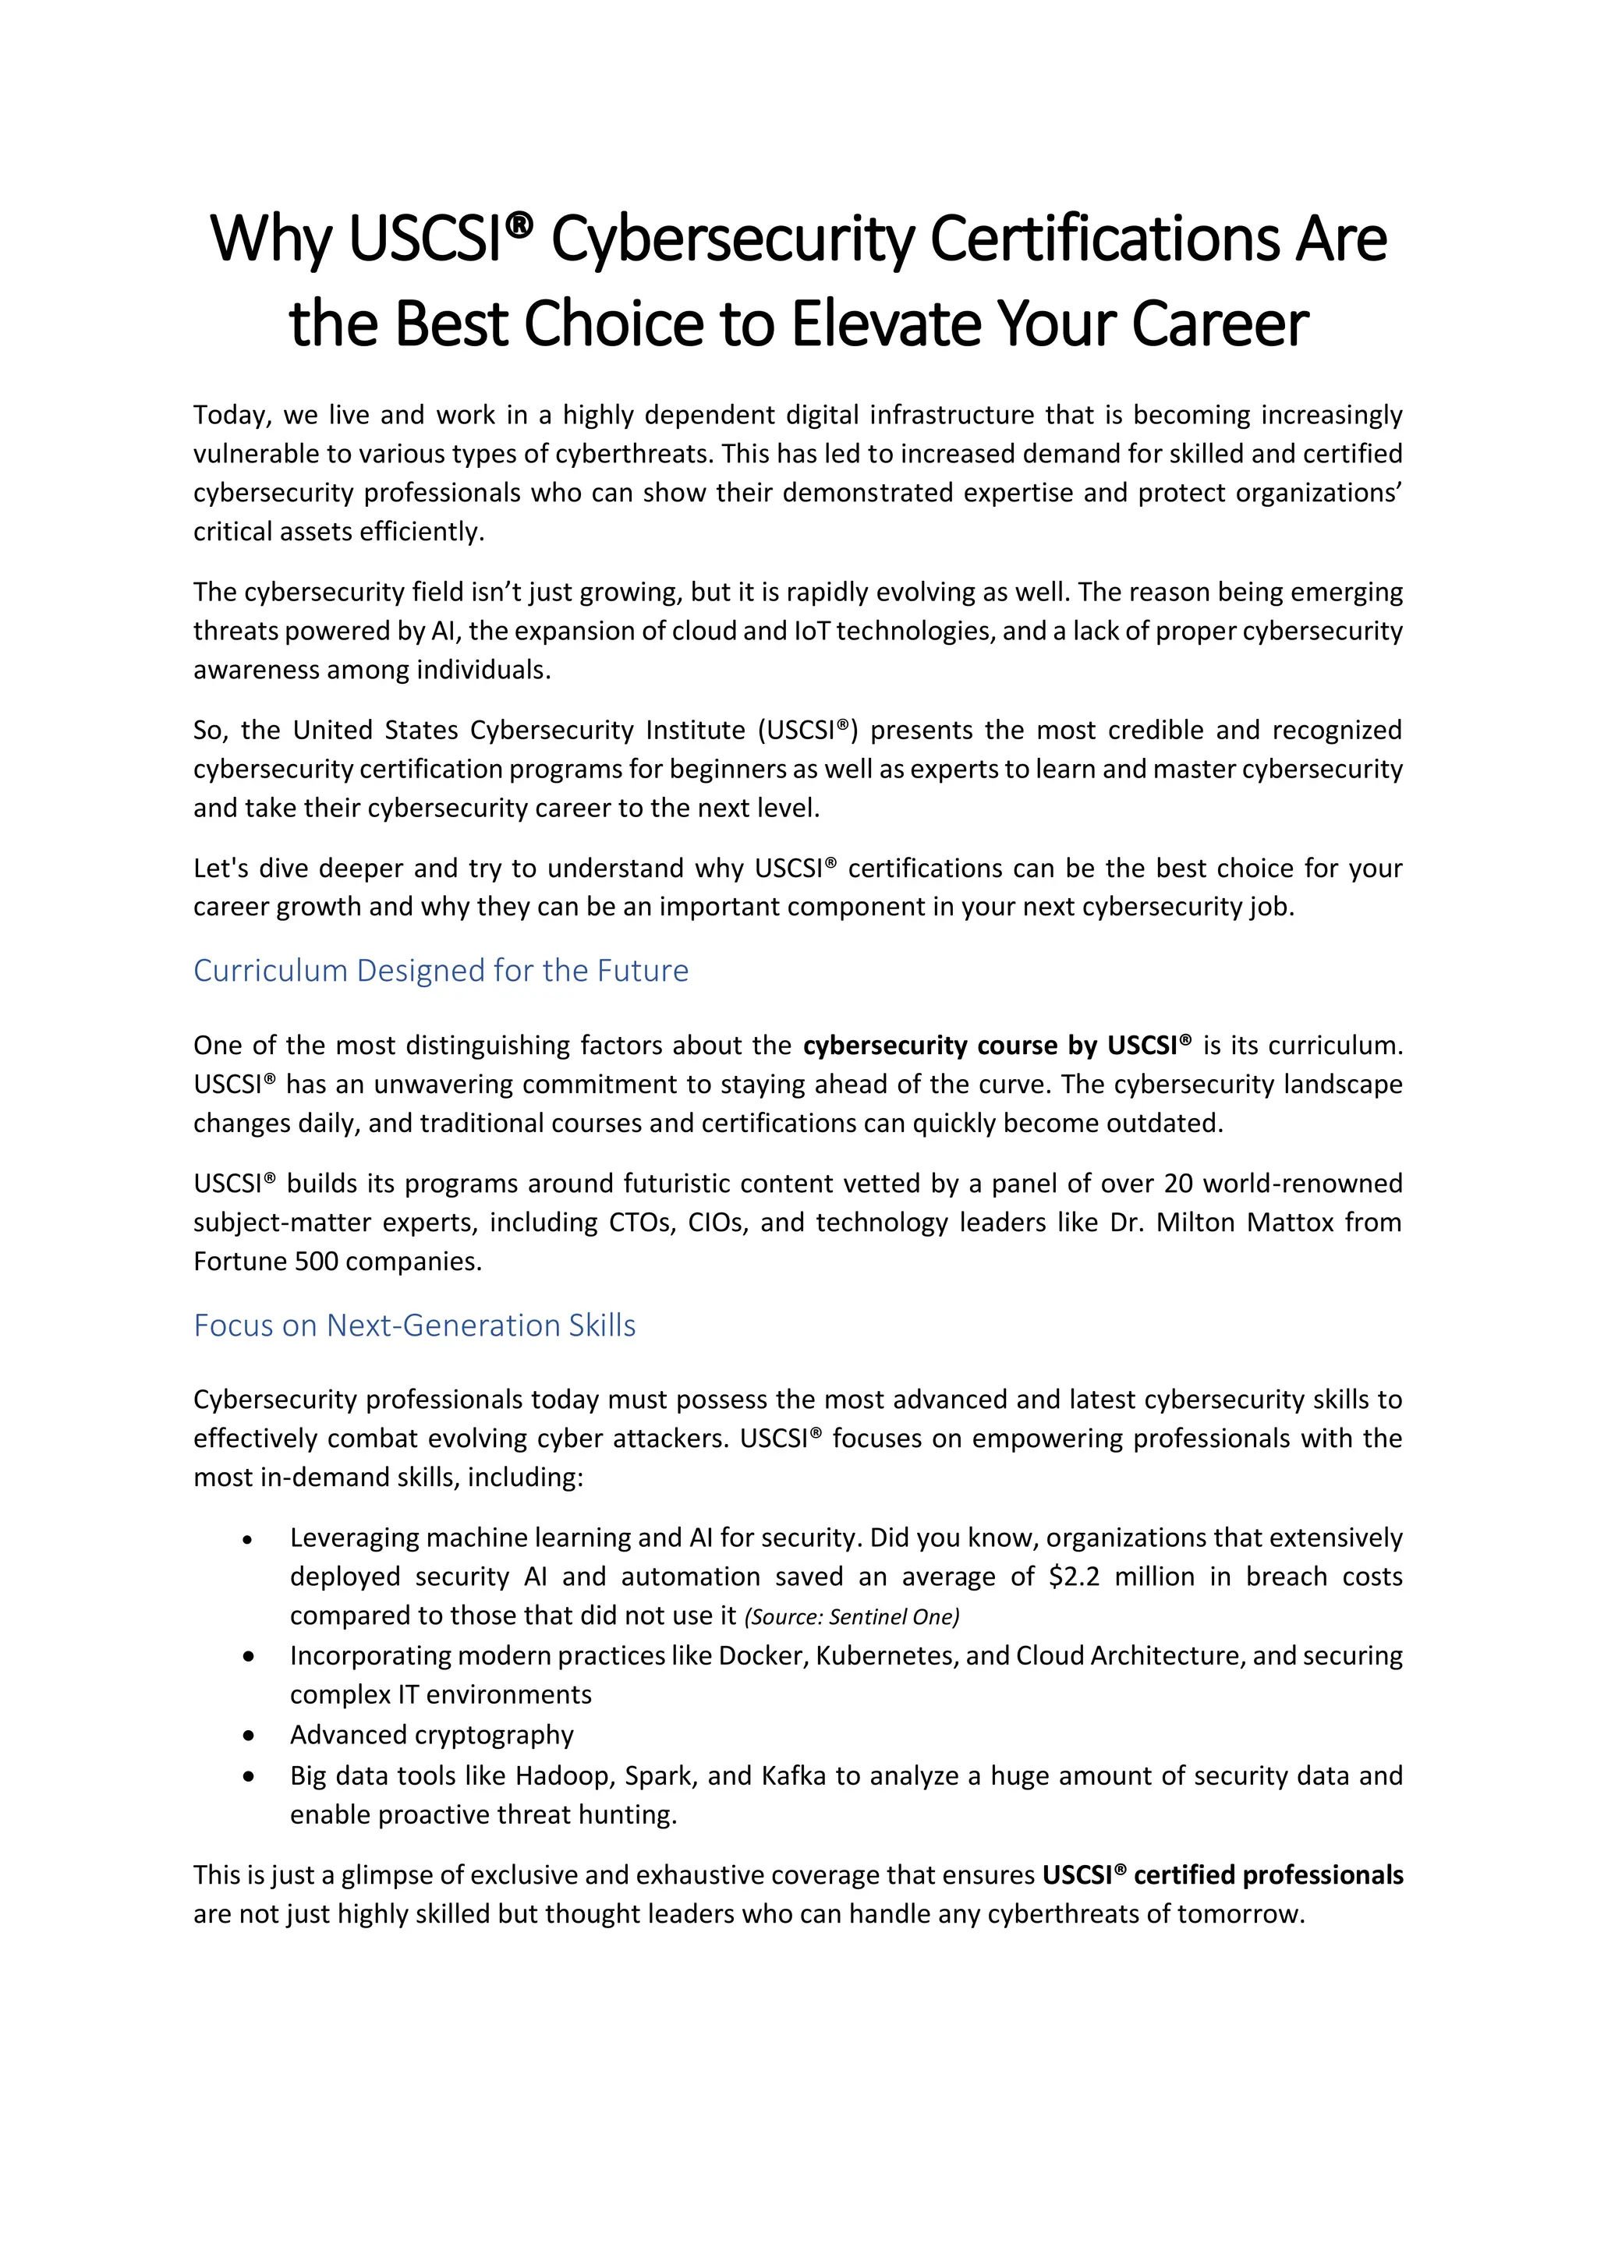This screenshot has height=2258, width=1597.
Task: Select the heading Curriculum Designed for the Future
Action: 441,971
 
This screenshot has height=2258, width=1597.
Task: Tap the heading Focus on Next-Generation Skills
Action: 414,1325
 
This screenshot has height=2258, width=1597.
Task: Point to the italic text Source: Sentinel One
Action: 852,1617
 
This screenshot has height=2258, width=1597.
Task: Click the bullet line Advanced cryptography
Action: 432,1735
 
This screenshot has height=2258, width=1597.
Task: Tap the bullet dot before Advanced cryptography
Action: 249,1736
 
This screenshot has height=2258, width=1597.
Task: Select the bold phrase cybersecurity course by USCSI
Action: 996,1046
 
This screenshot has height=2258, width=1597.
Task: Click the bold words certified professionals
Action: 1268,1875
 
